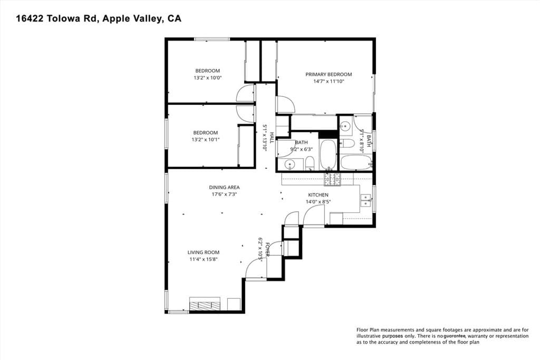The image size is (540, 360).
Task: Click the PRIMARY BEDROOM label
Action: pyautogui.click(x=329, y=74)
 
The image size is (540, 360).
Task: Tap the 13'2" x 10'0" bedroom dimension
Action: pyautogui.click(x=207, y=77)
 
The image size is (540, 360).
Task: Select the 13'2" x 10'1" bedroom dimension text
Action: pyautogui.click(x=205, y=140)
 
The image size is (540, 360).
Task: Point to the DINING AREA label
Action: pyautogui.click(x=225, y=187)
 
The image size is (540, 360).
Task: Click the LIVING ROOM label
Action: pyautogui.click(x=203, y=252)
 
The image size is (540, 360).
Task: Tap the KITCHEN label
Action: pyautogui.click(x=318, y=195)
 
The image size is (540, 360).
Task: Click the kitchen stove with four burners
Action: pyautogui.click(x=332, y=180)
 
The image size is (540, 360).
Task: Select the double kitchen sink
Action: pyautogui.click(x=365, y=200)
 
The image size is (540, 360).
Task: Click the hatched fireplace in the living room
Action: pyautogui.click(x=205, y=305)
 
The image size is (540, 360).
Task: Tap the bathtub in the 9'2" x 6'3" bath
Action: pyautogui.click(x=328, y=154)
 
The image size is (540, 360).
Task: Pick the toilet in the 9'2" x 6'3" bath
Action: pyautogui.click(x=310, y=163)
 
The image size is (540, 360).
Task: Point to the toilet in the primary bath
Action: pyautogui.click(x=346, y=143)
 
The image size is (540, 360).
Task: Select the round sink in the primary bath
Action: pyautogui.click(x=345, y=125)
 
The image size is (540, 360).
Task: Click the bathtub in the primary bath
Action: pyautogui.click(x=356, y=162)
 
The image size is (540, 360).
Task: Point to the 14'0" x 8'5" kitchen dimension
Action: pyautogui.click(x=318, y=201)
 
